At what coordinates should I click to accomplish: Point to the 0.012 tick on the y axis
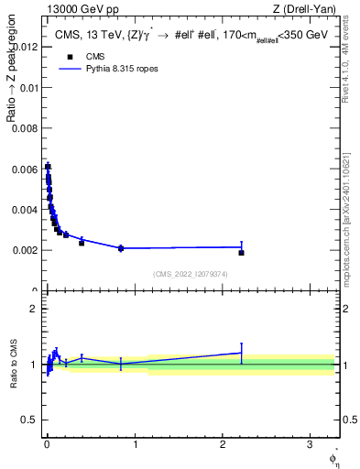tap(26, 47)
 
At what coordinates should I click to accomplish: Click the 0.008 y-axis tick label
tap(26, 128)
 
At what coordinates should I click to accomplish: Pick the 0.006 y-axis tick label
tap(26, 169)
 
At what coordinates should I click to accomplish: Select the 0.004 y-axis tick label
tap(26, 210)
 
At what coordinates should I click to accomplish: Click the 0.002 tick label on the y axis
tap(26, 250)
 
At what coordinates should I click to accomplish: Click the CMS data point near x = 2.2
tap(241, 252)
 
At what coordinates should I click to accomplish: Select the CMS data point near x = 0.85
tap(121, 248)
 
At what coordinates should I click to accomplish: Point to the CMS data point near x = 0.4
tap(82, 243)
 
